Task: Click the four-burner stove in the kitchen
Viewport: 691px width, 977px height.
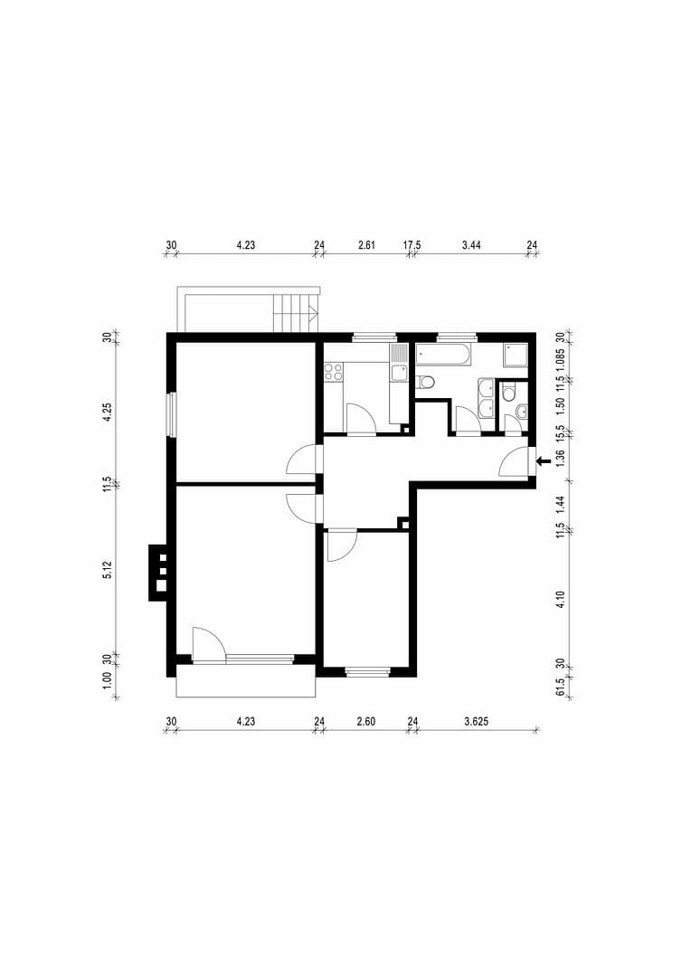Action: (x=332, y=371)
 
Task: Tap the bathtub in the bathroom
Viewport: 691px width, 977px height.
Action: (x=443, y=354)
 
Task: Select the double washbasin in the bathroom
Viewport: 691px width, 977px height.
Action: (x=486, y=398)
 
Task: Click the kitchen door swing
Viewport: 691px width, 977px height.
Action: (x=361, y=419)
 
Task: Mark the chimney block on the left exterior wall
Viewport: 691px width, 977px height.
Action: (x=158, y=572)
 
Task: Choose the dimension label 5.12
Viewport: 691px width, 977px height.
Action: (x=107, y=570)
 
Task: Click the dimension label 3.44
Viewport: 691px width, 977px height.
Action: (x=471, y=244)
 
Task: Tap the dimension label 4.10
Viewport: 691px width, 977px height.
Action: (x=561, y=598)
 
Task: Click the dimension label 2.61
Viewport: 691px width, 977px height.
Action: (x=366, y=244)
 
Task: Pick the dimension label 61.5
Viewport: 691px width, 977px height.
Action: (x=561, y=689)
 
